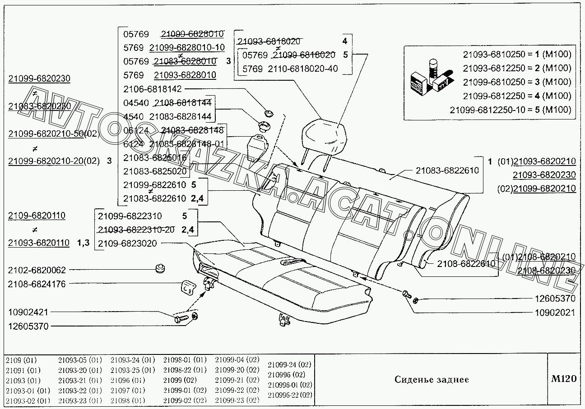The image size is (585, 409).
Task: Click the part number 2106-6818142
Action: [153, 89]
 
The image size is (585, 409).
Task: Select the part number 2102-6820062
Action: [37, 270]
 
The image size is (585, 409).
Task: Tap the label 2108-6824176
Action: [37, 284]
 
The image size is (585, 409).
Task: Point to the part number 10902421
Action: [28, 312]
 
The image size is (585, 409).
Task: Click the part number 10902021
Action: [555, 312]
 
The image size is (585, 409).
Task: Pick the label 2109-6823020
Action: [127, 244]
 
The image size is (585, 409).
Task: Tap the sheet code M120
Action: [564, 379]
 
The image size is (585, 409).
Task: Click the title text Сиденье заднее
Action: [432, 379]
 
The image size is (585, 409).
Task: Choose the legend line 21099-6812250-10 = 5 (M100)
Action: [511, 110]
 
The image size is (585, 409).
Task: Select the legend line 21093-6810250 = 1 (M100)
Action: [517, 55]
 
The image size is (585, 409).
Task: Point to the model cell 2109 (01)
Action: [22, 360]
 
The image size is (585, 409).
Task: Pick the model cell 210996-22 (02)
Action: [290, 395]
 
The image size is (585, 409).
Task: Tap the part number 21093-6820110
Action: [39, 243]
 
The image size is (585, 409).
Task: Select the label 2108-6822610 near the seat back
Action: [466, 264]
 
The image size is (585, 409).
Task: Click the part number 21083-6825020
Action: [154, 171]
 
